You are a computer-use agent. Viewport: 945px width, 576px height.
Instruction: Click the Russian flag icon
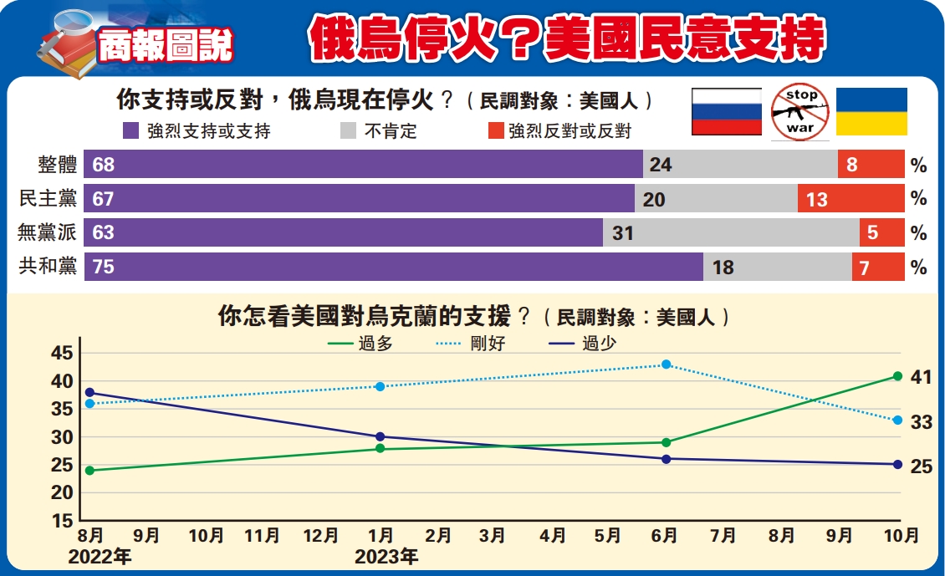coord(726,111)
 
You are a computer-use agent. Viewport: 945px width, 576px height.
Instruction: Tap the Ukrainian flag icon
coord(872,111)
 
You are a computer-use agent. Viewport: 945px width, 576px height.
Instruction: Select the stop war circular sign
coord(799,110)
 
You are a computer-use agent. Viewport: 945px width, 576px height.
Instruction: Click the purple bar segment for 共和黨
coord(393,267)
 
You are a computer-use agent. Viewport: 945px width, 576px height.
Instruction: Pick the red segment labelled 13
coord(850,199)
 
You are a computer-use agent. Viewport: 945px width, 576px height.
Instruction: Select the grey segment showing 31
coord(731,233)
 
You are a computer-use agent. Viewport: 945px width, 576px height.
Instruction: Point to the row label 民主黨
coord(48,199)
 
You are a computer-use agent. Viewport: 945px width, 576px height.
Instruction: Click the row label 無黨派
coord(48,233)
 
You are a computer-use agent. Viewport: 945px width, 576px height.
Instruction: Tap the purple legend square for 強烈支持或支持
coord(130,131)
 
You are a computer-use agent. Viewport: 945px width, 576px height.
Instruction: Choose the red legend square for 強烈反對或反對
coord(495,131)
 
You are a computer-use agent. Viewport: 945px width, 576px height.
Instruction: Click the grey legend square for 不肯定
coord(349,131)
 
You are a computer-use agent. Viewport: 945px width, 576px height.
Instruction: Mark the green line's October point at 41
coord(897,376)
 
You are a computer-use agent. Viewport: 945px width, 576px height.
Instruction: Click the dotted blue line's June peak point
coord(666,364)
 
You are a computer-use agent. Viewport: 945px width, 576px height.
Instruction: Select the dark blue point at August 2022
coord(89,392)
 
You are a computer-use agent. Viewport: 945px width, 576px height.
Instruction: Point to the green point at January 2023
coord(381,449)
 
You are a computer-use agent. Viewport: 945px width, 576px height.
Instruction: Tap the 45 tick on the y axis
coord(61,354)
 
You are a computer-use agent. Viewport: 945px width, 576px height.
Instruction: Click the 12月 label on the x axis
coord(320,536)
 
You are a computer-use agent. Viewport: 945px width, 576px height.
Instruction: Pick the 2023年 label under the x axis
coord(386,556)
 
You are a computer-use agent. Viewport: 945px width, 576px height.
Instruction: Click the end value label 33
coord(922,423)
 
